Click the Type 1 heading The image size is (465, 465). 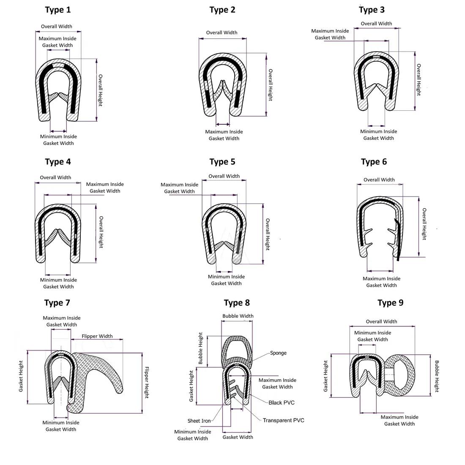57,10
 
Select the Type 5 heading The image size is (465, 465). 222,162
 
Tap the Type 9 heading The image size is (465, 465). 390,303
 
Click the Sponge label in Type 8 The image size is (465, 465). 278,353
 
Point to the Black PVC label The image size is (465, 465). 282,402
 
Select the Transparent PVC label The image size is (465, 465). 283,420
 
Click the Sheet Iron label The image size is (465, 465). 199,421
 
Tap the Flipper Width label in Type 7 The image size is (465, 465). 97,336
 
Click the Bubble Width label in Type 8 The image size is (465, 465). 238,316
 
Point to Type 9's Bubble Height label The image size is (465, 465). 437,376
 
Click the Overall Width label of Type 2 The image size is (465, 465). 222,33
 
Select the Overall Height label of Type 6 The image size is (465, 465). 424,224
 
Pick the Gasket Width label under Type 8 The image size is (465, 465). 238,437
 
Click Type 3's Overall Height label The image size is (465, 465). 418,79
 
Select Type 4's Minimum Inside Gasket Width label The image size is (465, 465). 58,283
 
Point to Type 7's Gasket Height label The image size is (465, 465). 21,376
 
